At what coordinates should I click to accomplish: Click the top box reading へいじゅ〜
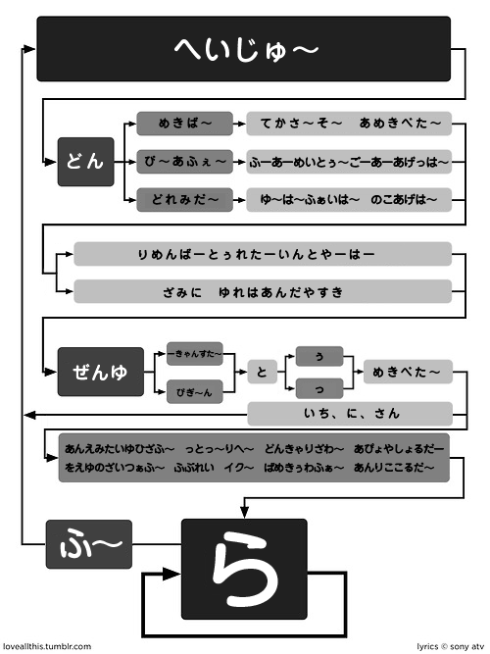pos(244,48)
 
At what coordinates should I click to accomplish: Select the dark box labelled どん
pos(86,161)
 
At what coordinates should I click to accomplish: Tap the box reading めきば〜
pos(184,123)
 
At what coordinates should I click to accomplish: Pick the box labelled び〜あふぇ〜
pos(184,161)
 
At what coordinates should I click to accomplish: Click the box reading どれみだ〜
pos(184,198)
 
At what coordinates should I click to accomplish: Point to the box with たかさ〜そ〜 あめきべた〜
pos(349,123)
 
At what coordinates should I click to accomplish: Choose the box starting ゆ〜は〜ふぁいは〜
pos(349,198)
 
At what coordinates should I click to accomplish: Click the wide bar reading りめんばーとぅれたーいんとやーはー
pos(262,254)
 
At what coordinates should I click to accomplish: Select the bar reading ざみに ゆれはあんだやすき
pos(262,291)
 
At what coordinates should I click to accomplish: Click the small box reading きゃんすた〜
pos(199,352)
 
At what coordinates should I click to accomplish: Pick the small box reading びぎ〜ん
pos(199,391)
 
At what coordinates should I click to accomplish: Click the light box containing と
pos(262,372)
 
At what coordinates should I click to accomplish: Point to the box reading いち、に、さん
pos(349,413)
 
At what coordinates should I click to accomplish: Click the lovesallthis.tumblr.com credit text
pos(47,647)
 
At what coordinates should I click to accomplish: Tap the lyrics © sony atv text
pos(451,647)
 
